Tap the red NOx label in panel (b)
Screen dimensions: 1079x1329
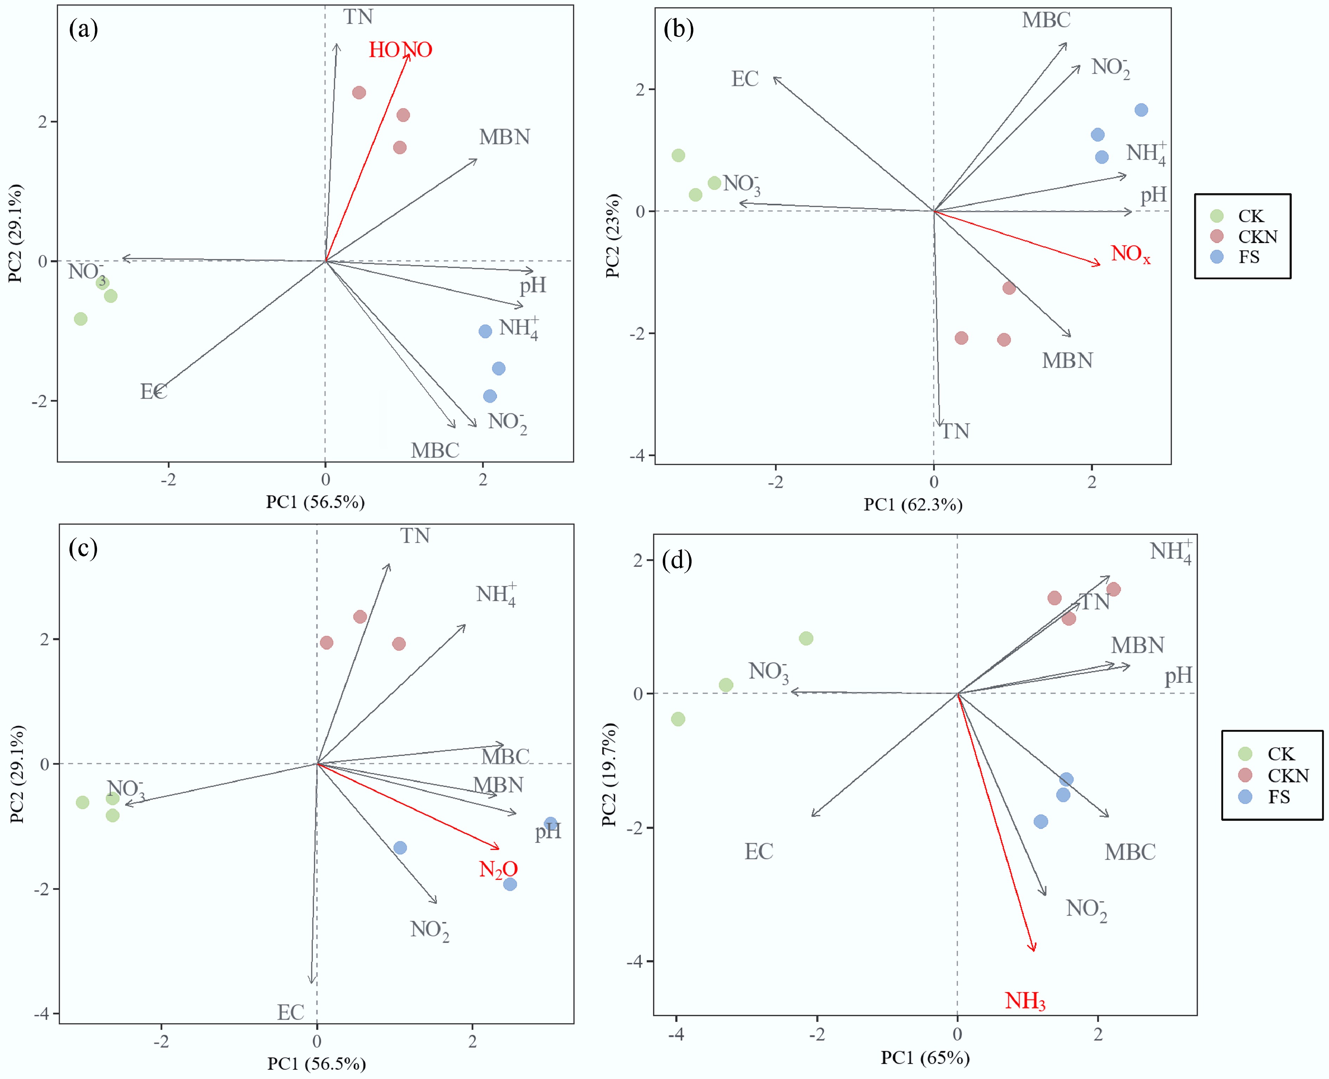1130,254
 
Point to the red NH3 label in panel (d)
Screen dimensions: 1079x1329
1025,1001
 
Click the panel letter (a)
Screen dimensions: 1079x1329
83,28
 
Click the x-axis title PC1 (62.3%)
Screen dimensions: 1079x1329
912,505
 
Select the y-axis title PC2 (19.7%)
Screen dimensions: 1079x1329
609,774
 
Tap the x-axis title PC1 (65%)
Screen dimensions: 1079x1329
925,1058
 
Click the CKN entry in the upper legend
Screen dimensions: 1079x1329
1257,237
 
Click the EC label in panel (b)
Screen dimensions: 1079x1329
745,79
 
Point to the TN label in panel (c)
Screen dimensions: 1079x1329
415,536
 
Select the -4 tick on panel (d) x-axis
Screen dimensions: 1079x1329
676,1034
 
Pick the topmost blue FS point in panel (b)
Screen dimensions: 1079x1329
1141,110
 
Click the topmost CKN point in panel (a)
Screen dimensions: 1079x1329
359,92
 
